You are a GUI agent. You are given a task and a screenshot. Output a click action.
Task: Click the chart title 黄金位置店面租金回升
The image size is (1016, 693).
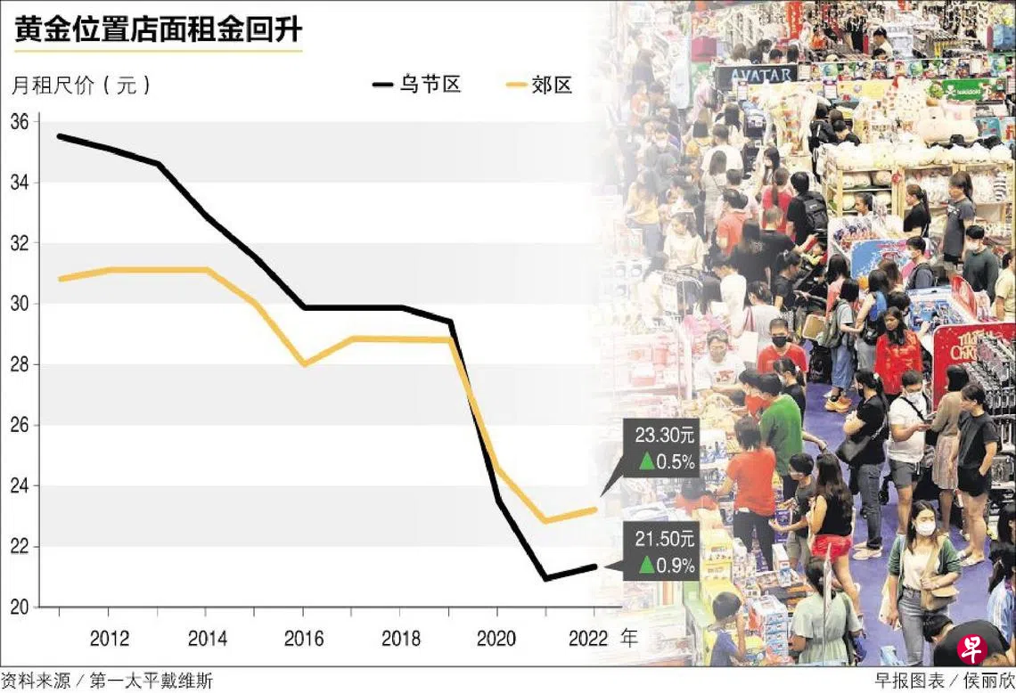click(158, 30)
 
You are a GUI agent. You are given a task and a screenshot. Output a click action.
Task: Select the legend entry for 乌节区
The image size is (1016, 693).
click(417, 86)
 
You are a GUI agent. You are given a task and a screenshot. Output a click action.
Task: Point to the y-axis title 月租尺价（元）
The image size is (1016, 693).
click(82, 86)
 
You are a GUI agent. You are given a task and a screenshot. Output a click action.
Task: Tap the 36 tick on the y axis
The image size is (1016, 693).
click(20, 122)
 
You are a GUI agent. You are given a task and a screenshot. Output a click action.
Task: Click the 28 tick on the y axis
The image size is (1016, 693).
click(20, 364)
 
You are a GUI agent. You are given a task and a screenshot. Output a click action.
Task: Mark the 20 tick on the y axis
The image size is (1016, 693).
click(20, 607)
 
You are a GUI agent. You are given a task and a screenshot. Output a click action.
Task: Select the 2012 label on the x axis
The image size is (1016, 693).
click(109, 639)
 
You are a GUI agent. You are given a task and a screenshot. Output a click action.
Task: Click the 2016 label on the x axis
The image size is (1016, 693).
click(303, 639)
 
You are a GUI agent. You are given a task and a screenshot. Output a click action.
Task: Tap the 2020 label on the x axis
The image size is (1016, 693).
click(496, 639)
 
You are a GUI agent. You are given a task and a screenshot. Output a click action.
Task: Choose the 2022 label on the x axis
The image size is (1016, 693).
click(587, 639)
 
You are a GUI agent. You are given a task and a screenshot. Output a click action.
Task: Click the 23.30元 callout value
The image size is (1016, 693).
click(665, 436)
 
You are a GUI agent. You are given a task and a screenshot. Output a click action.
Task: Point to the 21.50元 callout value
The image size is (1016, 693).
click(665, 540)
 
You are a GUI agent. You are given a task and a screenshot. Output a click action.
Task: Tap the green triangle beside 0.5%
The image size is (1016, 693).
click(646, 461)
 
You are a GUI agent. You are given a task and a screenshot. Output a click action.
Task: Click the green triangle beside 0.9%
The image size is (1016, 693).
click(646, 564)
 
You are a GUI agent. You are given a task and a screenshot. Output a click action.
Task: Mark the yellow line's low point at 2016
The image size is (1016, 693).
click(303, 363)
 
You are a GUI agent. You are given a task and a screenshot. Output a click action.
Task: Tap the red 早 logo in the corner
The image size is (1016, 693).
click(974, 648)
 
